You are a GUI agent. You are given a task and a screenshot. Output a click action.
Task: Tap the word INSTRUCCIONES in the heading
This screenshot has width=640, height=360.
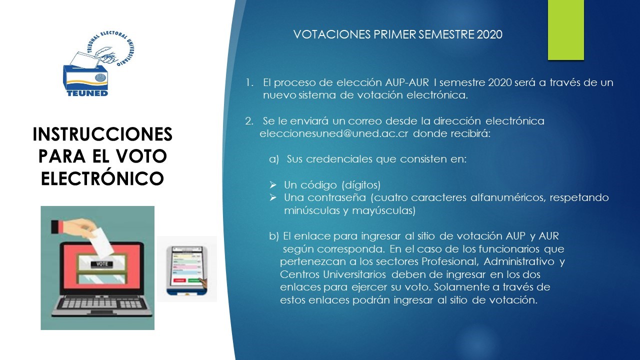tap(102, 134)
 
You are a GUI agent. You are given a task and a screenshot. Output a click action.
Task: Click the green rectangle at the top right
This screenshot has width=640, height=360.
tap(566, 30)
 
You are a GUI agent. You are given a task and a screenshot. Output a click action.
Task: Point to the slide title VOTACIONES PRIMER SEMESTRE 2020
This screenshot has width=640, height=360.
tap(397, 34)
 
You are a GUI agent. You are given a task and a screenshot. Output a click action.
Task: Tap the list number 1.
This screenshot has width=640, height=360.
tap(249, 82)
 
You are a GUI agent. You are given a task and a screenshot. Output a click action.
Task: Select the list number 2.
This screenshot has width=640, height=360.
tap(249, 121)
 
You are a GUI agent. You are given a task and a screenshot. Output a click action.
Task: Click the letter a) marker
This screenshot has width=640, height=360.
tap(273, 159)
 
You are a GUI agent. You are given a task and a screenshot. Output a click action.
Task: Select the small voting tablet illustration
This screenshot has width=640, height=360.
tap(187, 268)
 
